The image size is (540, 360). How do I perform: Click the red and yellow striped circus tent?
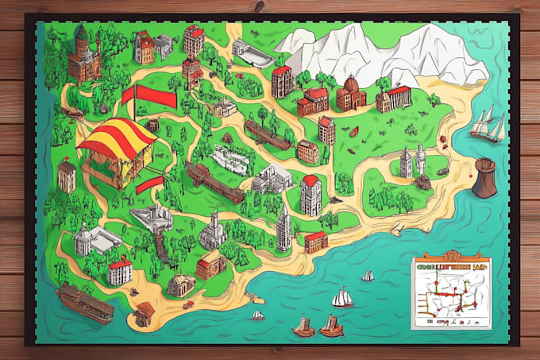(118, 147)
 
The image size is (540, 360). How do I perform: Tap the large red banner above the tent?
(150, 95)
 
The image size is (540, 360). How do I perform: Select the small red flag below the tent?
(148, 186)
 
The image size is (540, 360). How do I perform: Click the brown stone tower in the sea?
(484, 177)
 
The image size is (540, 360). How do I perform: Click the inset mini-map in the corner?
(450, 293)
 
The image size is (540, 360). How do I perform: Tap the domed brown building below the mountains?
(350, 95)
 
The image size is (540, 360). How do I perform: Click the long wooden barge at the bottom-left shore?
(84, 304)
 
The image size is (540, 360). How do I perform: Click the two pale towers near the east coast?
(412, 161)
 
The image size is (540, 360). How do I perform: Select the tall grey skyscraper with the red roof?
(310, 195)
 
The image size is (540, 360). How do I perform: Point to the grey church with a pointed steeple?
(213, 231)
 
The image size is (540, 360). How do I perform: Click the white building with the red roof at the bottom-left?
(120, 271)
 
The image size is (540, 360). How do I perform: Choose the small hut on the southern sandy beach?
(145, 314)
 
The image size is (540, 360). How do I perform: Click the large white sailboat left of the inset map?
(342, 297)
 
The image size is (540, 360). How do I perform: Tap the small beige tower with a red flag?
(67, 176)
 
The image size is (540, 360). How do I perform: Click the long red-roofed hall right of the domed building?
(394, 98)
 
